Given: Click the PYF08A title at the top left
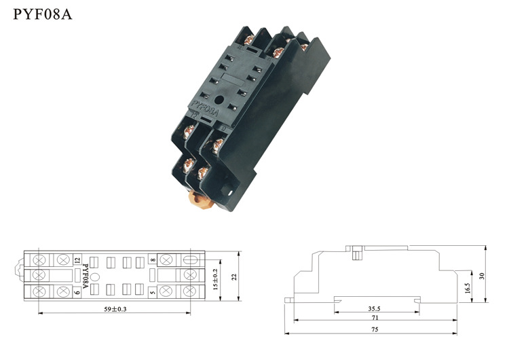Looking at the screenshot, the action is [43, 14].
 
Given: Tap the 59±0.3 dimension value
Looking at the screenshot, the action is [115, 309].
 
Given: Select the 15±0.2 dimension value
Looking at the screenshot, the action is [215, 279].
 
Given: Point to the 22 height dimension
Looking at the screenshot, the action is [234, 277].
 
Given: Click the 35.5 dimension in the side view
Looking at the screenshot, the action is [374, 308].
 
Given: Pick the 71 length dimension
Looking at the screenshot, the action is [375, 317].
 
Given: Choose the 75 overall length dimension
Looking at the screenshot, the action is [375, 329].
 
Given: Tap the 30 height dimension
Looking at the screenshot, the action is [481, 276].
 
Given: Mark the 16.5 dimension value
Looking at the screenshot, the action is [467, 288].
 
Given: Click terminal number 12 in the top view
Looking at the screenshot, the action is [77, 260].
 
